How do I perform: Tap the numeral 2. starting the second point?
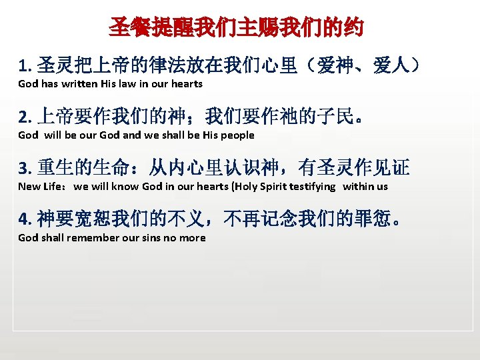coord(25,118)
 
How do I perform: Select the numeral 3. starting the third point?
coord(25,169)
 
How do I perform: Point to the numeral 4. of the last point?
coord(25,219)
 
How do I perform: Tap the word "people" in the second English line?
coord(238,135)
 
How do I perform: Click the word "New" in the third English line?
coord(29,187)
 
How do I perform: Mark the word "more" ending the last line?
coord(193,238)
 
